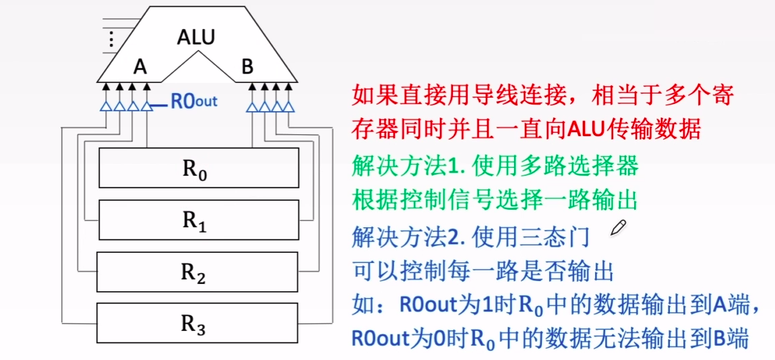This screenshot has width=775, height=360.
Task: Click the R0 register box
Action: pyautogui.click(x=199, y=168)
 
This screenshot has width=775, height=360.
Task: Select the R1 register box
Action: pyautogui.click(x=199, y=220)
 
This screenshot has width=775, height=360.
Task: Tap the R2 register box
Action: pyautogui.click(x=197, y=271)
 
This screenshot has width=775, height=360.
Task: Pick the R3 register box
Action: pyautogui.click(x=197, y=323)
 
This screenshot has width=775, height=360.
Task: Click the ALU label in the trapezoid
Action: pyautogui.click(x=195, y=37)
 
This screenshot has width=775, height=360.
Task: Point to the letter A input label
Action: pyautogui.click(x=139, y=67)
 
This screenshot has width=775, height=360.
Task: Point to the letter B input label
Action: pyautogui.click(x=247, y=67)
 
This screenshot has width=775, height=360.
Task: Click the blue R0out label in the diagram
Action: pyautogui.click(x=193, y=102)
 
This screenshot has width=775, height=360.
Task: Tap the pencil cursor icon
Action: pyautogui.click(x=617, y=228)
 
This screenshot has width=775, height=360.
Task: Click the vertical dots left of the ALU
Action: pyautogui.click(x=111, y=38)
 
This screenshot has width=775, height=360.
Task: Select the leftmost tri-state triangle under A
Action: pyautogui.click(x=105, y=106)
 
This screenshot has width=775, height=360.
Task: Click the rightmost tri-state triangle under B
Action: pyautogui.click(x=289, y=106)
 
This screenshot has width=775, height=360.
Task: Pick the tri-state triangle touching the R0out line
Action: pyautogui.click(x=146, y=106)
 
